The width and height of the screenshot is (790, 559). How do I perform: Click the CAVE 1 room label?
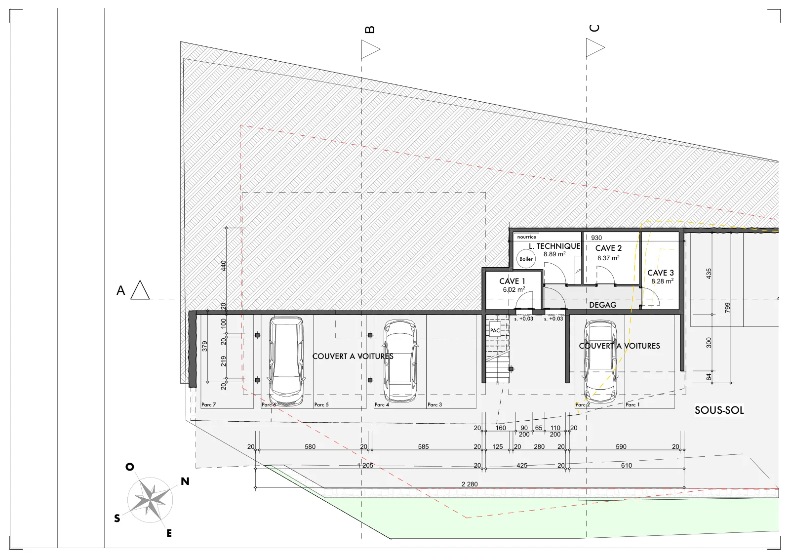[x=512, y=281]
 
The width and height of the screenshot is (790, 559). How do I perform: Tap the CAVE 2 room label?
[x=608, y=248]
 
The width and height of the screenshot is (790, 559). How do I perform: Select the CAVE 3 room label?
[x=661, y=273]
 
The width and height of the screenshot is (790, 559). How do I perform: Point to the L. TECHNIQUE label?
[x=554, y=246]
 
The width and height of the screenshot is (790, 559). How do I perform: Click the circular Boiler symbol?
[x=526, y=259]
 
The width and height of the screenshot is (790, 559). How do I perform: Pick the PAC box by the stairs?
[x=495, y=330]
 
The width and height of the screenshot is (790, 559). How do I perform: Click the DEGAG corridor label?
[x=603, y=305]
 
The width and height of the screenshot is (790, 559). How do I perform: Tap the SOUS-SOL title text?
[x=719, y=410]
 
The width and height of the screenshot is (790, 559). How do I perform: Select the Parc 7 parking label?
[x=208, y=404]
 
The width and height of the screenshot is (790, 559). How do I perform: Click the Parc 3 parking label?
[x=434, y=404]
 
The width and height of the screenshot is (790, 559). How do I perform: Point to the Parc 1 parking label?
[x=632, y=404]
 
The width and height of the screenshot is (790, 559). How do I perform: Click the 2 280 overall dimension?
[x=470, y=484]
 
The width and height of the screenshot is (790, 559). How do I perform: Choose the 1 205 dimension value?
[x=365, y=465]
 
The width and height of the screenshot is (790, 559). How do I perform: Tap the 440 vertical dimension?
[x=223, y=266]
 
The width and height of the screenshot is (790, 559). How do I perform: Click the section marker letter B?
[x=370, y=30]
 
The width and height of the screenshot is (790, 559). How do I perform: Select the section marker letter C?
[x=594, y=28]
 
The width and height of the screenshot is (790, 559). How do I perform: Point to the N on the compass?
[x=185, y=481]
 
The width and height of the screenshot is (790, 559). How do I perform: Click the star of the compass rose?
[x=150, y=500]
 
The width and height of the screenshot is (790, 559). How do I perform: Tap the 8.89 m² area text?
[x=554, y=254]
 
